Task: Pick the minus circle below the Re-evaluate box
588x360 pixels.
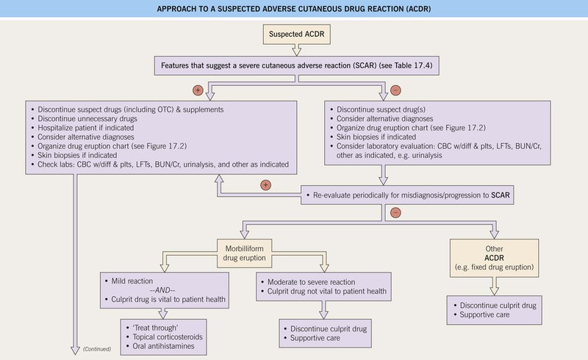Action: (395, 213)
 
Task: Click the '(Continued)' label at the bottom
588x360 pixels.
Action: (96, 348)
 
